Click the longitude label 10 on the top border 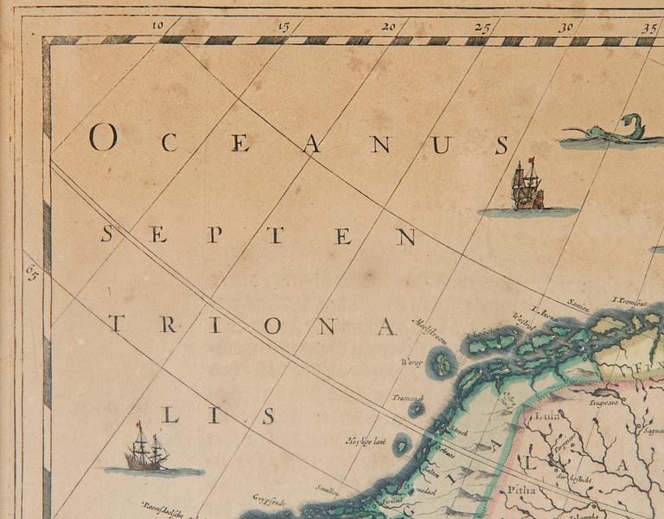pos(157,25)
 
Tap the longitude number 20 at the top pos(389,27)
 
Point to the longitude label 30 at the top pos(565,27)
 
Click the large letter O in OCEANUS pos(101,138)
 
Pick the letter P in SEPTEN pos(214,234)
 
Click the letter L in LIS pos(169,415)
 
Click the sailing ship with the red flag pos(527,186)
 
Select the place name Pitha pos(524,490)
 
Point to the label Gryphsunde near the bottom pos(269,499)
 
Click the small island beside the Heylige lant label pos(402,445)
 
